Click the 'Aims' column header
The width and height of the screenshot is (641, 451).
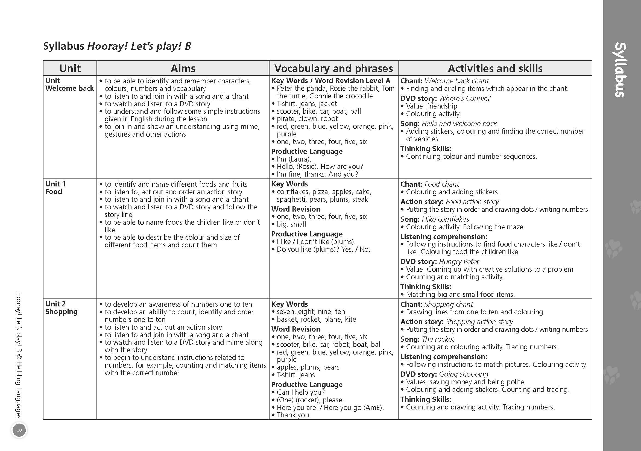point(183,68)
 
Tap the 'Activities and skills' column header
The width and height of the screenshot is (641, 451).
point(495,68)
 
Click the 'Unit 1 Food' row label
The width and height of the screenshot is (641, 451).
point(55,188)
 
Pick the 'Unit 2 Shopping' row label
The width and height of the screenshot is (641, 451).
point(62,308)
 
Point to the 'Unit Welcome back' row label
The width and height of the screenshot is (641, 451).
point(69,84)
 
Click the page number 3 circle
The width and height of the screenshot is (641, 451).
point(19,430)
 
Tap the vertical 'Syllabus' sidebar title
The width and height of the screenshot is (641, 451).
point(620,70)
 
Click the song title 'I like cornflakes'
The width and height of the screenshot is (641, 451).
point(445,219)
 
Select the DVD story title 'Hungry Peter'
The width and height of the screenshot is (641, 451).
point(459,262)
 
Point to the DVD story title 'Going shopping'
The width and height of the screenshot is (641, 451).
point(463,374)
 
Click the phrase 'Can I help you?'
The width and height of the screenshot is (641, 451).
point(300,393)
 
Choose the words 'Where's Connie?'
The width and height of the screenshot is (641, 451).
point(465,98)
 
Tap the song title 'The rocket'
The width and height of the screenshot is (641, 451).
point(438,339)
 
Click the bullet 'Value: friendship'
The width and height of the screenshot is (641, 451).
point(431,106)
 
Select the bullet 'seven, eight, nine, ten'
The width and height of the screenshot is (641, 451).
point(311,312)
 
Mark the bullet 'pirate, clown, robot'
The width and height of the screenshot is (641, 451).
point(307,119)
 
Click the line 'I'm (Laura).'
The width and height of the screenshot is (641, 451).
point(294,159)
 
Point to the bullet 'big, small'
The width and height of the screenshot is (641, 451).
point(291,224)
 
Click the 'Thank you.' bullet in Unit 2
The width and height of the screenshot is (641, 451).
point(293,415)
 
